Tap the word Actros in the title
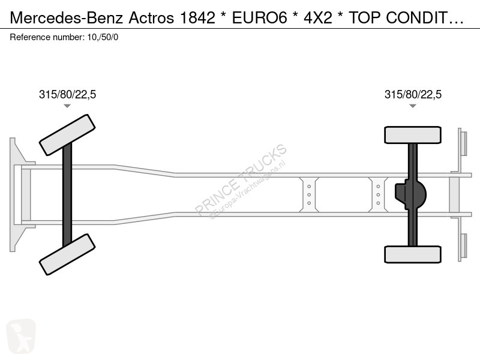151,18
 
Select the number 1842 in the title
197,18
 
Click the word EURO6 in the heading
260,18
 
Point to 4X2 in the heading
318,18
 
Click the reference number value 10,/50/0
103,37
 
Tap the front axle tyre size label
67,94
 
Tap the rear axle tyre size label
413,94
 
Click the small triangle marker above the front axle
67,106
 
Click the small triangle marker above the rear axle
413,106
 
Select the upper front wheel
67,135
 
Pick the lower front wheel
67,254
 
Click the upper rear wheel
413,135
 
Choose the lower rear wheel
413,254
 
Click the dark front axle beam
67,194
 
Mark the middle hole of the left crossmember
309,194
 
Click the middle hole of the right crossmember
379,194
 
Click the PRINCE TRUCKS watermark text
241,179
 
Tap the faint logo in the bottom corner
21,336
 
